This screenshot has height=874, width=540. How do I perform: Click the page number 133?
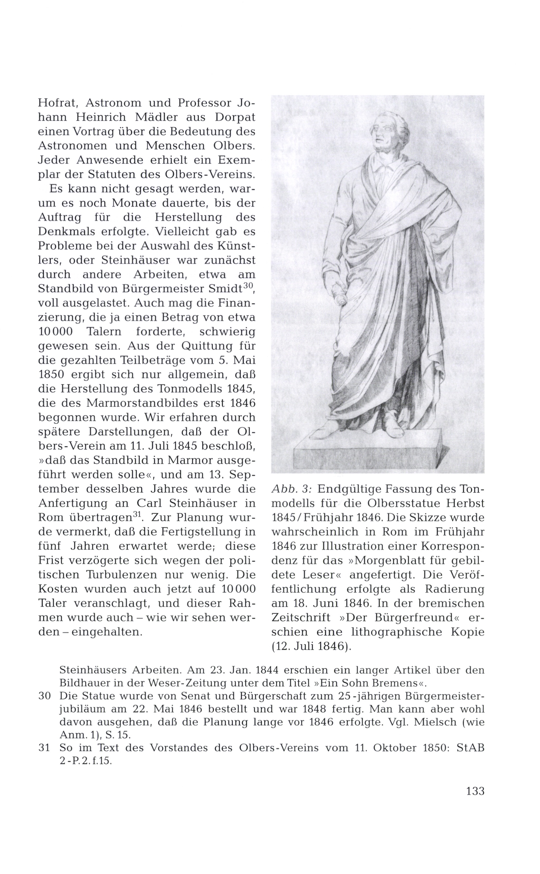[x=475, y=791]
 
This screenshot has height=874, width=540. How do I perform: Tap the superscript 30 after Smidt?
[x=248, y=286]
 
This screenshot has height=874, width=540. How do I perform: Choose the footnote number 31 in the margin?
[x=44, y=748]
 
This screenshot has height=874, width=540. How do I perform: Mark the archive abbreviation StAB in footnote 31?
[x=470, y=748]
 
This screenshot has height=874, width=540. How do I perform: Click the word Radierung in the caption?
[x=454, y=589]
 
